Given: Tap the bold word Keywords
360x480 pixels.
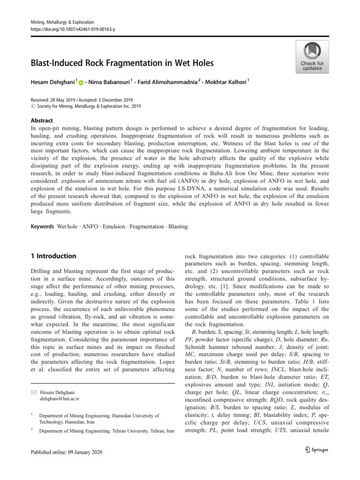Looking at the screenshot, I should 42,226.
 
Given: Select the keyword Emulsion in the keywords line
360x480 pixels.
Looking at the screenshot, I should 114,226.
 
